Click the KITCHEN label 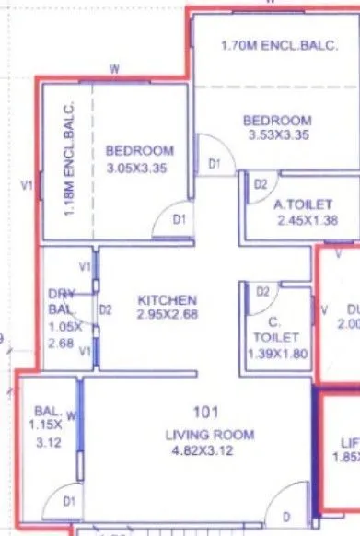click(167, 300)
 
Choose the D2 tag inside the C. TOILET click(262, 292)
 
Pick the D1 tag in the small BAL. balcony click(70, 502)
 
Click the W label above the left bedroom click(114, 69)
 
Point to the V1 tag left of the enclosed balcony click(28, 185)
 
